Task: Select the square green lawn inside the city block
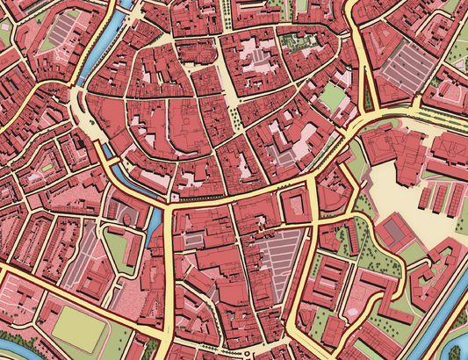point(332,97)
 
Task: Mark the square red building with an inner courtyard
point(294,207)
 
